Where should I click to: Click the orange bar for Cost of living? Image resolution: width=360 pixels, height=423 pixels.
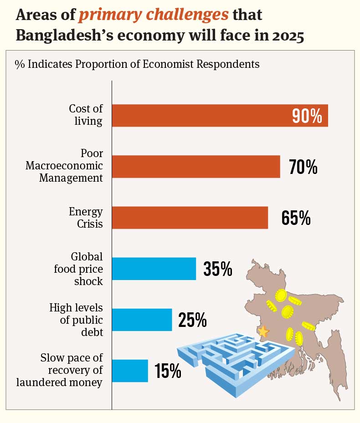[x=201, y=116]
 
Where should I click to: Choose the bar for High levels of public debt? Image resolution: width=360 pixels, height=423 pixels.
[x=142, y=320]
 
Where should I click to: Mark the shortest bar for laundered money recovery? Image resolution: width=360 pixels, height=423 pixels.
[x=130, y=371]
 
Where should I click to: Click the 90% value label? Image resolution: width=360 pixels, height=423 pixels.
[x=307, y=116]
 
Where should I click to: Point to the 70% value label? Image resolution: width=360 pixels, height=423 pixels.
[x=303, y=167]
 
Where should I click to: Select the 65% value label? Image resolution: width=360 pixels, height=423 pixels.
[x=296, y=218]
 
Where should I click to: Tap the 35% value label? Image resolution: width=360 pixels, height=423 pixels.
[x=218, y=269]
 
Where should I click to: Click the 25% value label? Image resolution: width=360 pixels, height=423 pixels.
[x=193, y=320]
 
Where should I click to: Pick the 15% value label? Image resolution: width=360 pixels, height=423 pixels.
[x=168, y=371]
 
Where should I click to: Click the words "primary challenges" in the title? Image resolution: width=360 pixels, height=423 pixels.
[x=153, y=15]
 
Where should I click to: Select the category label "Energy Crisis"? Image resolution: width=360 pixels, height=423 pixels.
[x=86, y=218]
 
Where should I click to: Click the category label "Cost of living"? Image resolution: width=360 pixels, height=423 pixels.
[x=86, y=115]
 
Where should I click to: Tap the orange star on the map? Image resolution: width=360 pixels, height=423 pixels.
[x=263, y=331]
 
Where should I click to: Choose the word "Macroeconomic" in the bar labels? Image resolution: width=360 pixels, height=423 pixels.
[x=64, y=166]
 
